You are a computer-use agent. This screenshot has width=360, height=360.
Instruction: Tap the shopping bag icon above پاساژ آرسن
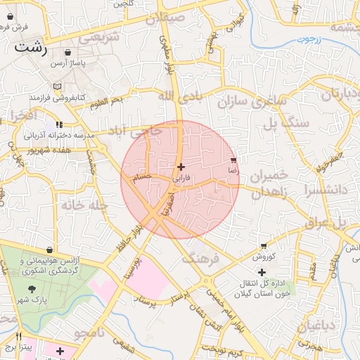click(x=67, y=53)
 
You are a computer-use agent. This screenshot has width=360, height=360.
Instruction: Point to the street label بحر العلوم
click(x=106, y=103)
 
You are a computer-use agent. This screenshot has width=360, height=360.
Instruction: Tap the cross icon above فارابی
click(x=181, y=167)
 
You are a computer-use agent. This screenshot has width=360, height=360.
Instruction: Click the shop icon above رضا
click(x=233, y=160)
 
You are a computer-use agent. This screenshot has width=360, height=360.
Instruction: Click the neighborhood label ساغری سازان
click(x=252, y=101)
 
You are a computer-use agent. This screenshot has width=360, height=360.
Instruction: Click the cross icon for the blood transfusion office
click(x=262, y=272)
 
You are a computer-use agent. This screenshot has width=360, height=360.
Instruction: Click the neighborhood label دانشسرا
click(x=328, y=191)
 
